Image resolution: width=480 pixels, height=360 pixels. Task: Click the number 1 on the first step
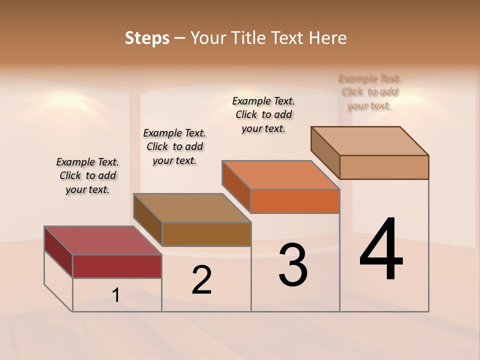click(x=116, y=295)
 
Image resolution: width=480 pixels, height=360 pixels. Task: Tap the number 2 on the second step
click(x=201, y=280)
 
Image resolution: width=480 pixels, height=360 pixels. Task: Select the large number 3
click(x=293, y=265)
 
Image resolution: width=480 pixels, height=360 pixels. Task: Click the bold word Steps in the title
click(x=147, y=38)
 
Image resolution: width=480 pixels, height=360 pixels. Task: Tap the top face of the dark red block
click(x=102, y=240)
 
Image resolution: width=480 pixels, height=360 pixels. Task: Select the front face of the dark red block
click(x=117, y=266)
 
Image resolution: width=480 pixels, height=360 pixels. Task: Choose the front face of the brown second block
click(x=206, y=234)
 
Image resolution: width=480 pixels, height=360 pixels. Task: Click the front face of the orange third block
click(x=295, y=201)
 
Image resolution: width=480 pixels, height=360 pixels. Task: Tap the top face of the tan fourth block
click(x=369, y=141)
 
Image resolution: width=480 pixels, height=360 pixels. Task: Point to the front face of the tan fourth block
click(x=384, y=167)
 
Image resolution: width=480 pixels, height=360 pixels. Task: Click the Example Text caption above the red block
click(x=87, y=175)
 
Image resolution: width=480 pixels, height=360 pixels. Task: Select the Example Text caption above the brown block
click(x=174, y=146)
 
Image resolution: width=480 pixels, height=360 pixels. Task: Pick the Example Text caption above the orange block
click(x=263, y=114)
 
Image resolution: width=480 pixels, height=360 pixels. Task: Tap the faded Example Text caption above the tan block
click(x=369, y=92)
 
